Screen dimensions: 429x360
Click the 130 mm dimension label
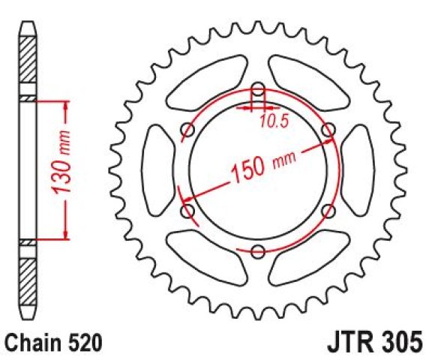pyautogui.click(x=61, y=163)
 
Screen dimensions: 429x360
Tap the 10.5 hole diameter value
pyautogui.click(x=274, y=121)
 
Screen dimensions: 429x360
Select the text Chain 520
pyautogui.click(x=54, y=343)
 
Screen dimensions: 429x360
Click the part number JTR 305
pyautogui.click(x=375, y=342)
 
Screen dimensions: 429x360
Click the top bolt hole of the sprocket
pyautogui.click(x=258, y=89)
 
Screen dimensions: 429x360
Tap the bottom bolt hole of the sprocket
pyautogui.click(x=258, y=251)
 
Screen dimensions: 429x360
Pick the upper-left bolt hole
pyautogui.click(x=187, y=130)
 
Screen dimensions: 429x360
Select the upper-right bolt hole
pyautogui.click(x=328, y=130)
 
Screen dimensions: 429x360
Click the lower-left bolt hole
pyautogui.click(x=187, y=211)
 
